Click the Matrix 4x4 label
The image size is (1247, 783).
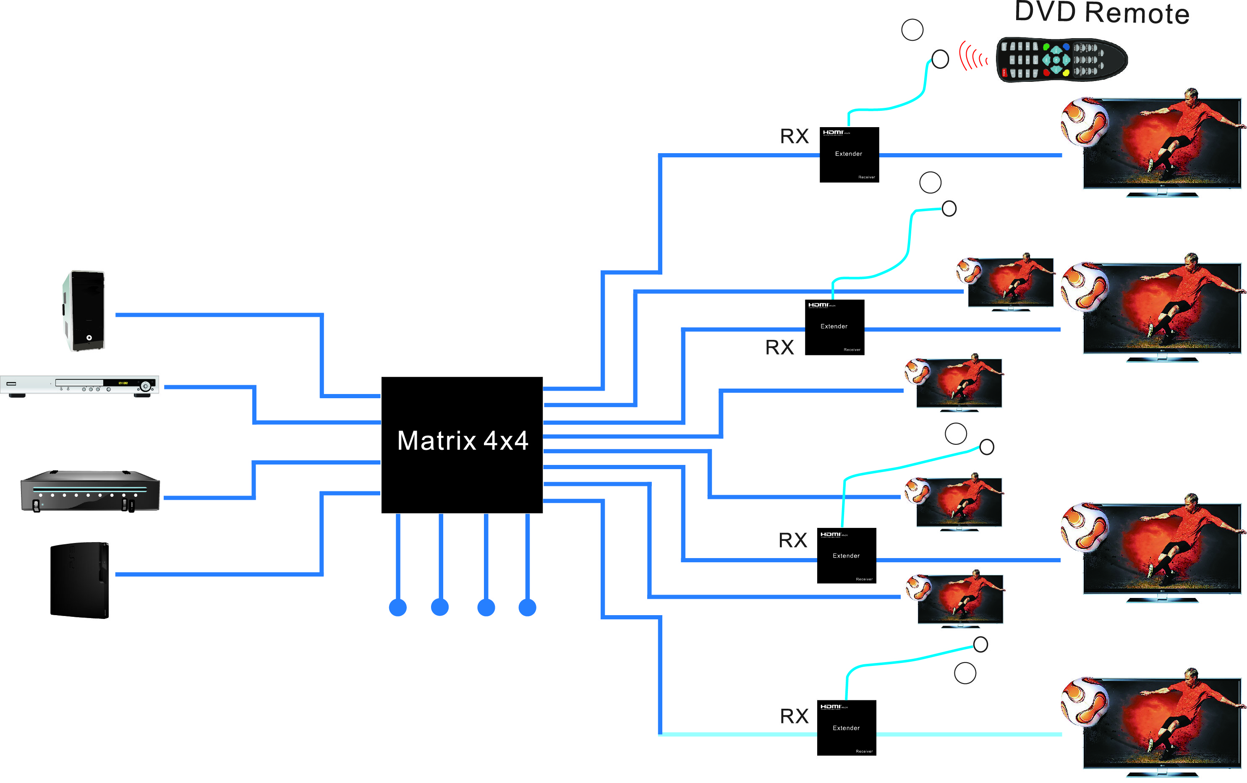click(x=462, y=441)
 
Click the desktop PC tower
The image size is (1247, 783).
click(x=84, y=310)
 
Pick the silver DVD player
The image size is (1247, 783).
click(x=80, y=386)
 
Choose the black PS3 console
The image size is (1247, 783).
click(x=80, y=579)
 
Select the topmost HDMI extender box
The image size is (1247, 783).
click(x=849, y=154)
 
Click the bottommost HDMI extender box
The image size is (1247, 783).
click(x=846, y=728)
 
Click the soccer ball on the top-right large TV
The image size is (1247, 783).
click(x=1085, y=122)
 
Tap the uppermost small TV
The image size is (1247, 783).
click(x=1010, y=283)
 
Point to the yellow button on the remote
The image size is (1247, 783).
click(x=1066, y=73)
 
